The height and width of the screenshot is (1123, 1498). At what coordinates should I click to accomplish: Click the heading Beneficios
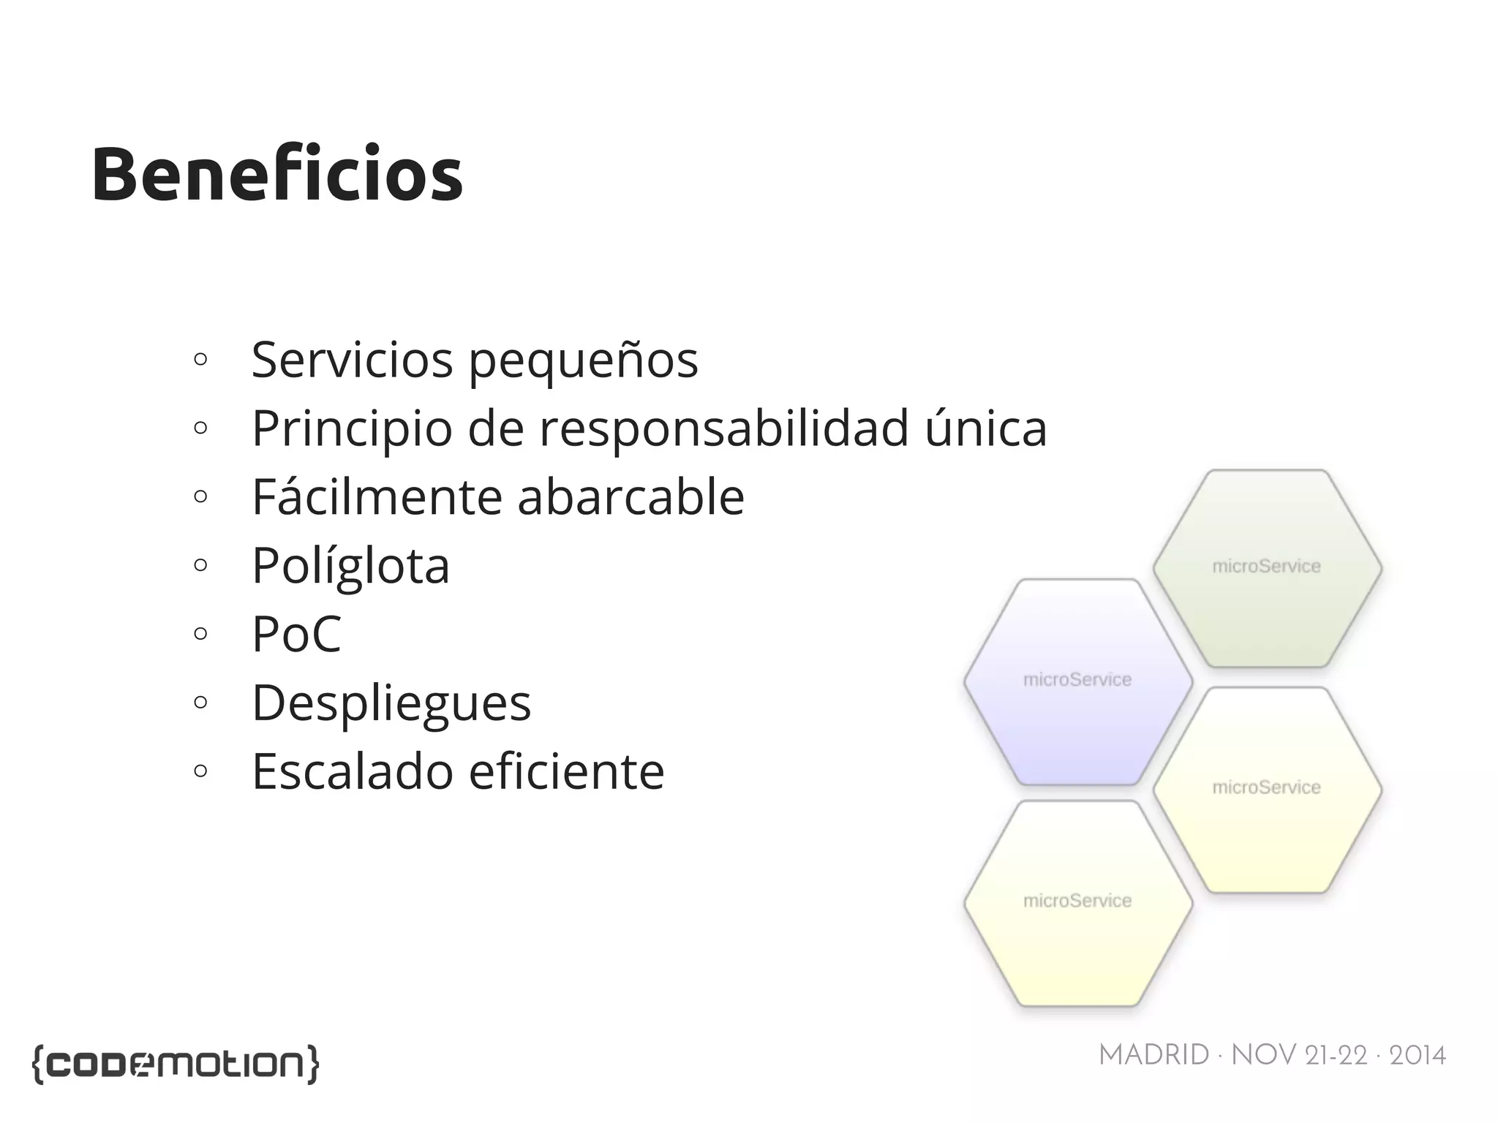pos(277,175)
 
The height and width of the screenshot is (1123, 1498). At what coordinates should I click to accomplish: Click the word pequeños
pos(583,360)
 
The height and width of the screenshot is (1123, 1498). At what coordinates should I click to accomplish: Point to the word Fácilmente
pos(377,496)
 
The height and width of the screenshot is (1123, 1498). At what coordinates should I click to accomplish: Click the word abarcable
pos(631,496)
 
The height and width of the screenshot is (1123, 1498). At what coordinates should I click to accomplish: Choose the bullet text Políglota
pos(350,566)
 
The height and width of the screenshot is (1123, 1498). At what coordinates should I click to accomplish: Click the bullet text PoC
pos(296,633)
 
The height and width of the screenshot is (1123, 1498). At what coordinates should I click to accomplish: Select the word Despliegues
pos(391,703)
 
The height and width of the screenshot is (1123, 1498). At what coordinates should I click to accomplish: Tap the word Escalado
pos(353,771)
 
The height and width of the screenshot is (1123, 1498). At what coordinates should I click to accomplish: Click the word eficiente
pos(566,771)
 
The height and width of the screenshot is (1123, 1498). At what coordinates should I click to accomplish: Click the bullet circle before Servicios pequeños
pos(200,359)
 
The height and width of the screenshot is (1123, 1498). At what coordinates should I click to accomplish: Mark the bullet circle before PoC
pos(200,633)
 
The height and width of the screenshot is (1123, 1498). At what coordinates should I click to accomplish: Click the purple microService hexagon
pos(1077,702)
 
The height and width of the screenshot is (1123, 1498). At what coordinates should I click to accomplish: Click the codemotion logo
pos(176,1064)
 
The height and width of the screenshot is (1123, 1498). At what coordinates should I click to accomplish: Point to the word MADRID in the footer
pos(1153,1055)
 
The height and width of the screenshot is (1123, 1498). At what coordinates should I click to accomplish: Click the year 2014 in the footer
pos(1417,1055)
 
